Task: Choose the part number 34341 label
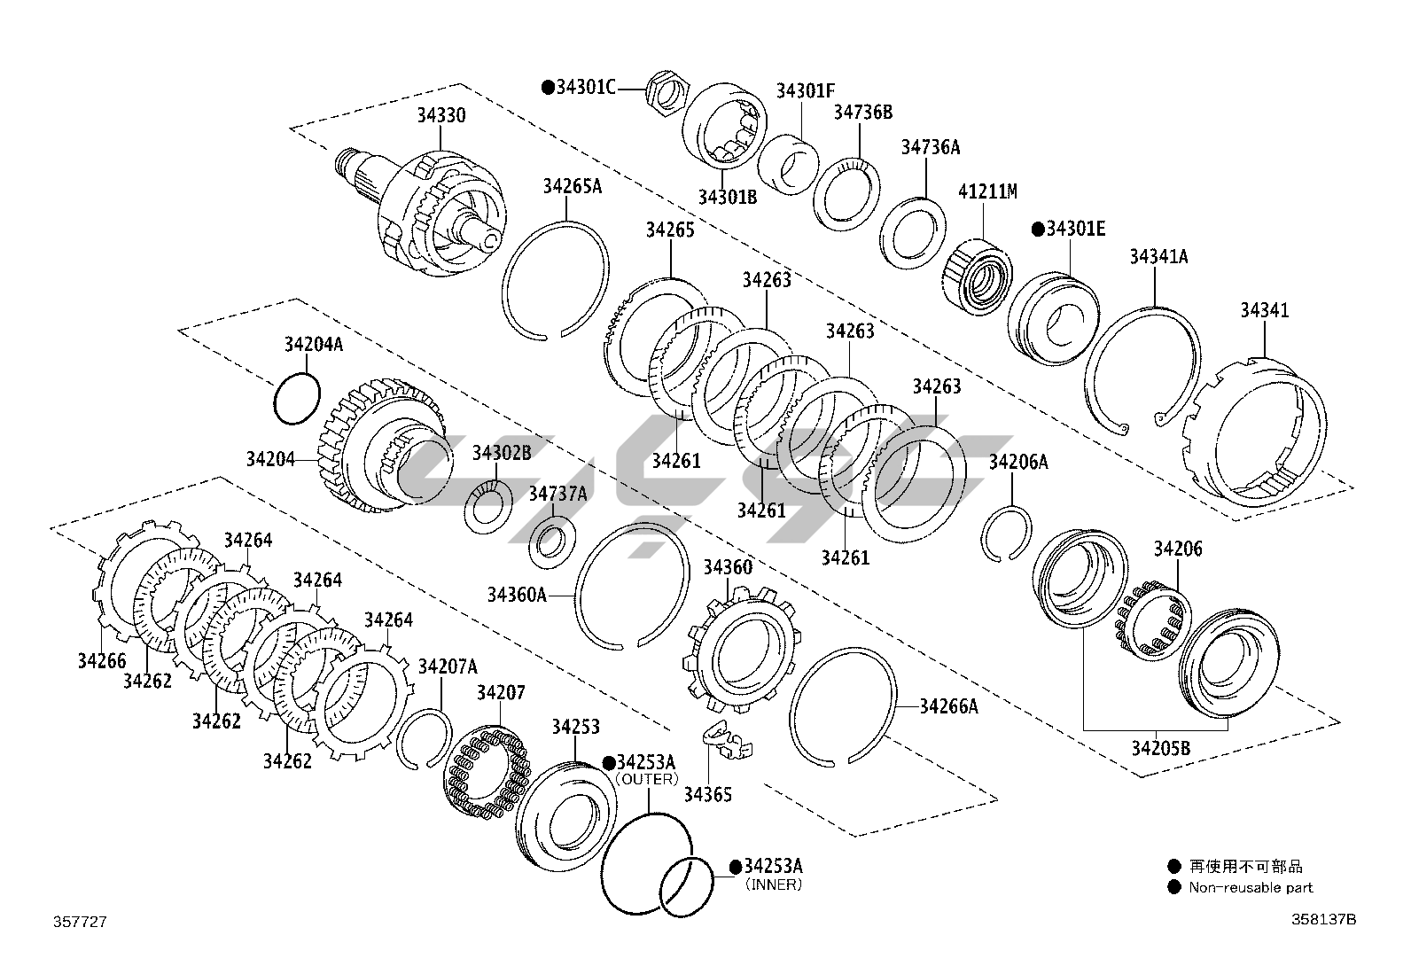pos(1264,310)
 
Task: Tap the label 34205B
pos(1160,749)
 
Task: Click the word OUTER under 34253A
pos(646,779)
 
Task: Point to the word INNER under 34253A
pos(773,884)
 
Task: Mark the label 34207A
pos(448,666)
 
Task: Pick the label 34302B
pos(501,453)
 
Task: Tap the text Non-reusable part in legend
pos(1251,887)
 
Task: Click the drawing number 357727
pos(80,922)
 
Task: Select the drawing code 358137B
pos(1322,919)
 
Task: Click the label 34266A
pos(948,706)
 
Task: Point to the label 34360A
pos(517,595)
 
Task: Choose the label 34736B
pos(861,112)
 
